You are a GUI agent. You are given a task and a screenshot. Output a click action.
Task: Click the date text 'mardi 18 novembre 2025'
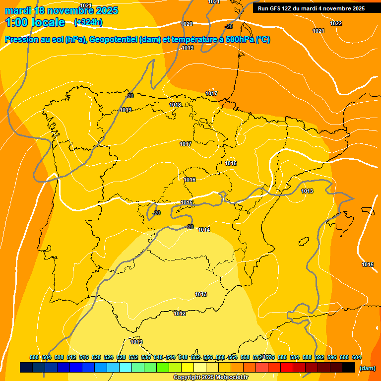[62, 10]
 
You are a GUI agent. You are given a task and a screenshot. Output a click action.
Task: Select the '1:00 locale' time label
[35, 22]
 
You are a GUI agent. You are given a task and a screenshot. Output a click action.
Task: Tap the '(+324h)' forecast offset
[88, 22]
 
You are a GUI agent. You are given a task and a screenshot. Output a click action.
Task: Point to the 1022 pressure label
[336, 23]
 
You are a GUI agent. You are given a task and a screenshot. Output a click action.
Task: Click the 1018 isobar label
[175, 105]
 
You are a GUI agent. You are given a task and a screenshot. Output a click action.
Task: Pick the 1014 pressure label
[204, 230]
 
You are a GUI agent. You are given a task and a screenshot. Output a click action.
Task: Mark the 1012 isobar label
[180, 314]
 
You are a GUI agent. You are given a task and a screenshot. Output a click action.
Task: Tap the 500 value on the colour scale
[34, 357]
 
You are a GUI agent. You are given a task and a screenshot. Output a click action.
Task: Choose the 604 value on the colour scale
[357, 357]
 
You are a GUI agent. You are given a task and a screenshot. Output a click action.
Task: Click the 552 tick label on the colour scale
[195, 357]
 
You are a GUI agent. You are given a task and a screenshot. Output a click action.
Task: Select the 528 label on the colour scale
[121, 357]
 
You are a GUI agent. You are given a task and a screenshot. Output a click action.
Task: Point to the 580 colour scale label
[282, 357]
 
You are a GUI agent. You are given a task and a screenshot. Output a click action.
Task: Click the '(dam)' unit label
[367, 368]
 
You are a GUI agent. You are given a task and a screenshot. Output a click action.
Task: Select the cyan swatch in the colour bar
[126, 368]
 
